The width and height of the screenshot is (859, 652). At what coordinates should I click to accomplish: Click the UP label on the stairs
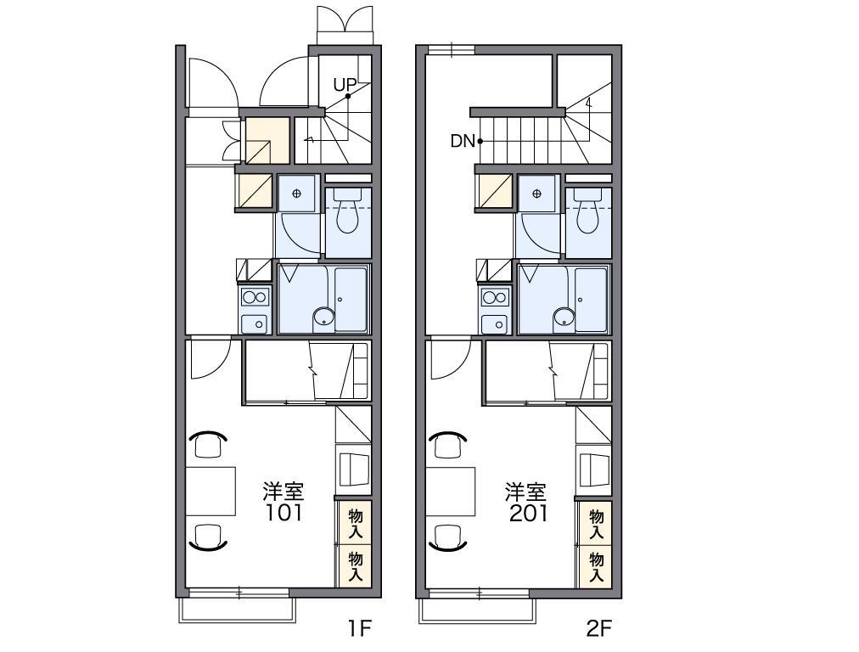point(345,85)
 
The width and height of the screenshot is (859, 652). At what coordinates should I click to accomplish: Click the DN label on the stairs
point(463,142)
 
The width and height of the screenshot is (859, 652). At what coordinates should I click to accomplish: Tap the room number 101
point(284,513)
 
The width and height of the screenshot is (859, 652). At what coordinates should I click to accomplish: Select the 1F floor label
point(361,628)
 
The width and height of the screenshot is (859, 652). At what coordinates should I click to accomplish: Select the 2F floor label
point(598,628)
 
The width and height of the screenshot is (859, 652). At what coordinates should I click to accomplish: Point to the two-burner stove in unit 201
point(495,298)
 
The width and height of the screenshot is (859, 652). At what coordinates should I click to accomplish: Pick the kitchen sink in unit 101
point(254,323)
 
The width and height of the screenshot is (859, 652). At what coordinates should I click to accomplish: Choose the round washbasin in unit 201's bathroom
point(564,317)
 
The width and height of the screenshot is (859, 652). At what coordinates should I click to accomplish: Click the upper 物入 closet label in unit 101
point(356,523)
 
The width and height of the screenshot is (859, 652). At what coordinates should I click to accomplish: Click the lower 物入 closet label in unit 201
point(596,566)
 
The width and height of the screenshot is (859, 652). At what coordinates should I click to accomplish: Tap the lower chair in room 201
point(448,537)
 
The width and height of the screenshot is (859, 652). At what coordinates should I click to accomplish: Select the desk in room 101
point(211,491)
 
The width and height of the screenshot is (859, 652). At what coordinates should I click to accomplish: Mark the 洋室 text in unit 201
point(526,492)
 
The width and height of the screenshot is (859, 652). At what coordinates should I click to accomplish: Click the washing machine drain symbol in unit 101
point(297,194)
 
